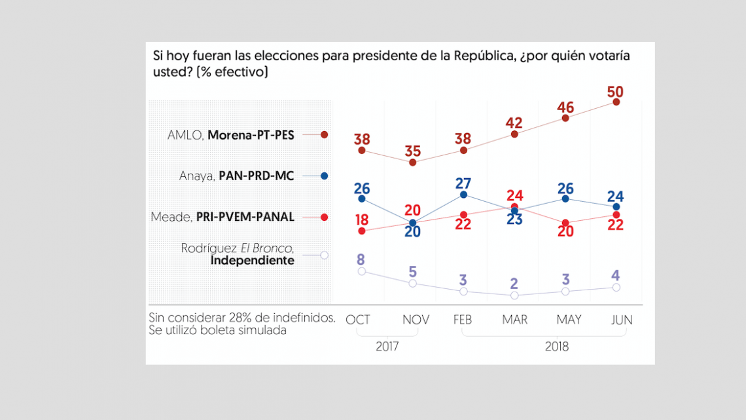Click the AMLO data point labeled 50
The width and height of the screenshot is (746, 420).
tap(616, 102)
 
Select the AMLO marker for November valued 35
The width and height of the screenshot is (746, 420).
tap(412, 162)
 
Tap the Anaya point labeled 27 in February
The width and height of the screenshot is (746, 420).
tap(463, 195)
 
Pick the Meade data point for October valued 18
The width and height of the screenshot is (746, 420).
tap(361, 231)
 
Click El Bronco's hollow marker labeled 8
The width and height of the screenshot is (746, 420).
tap(361, 271)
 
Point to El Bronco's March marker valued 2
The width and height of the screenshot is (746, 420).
tap(514, 296)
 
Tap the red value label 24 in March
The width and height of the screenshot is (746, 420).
tap(514, 195)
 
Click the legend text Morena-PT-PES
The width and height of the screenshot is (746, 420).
tap(251, 135)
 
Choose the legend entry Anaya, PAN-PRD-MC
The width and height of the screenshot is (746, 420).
tap(237, 176)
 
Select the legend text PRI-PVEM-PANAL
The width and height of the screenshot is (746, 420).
tap(245, 217)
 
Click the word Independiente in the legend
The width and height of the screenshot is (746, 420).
tap(253, 261)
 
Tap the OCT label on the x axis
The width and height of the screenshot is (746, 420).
tap(358, 320)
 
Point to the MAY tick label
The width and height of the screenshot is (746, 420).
tap(569, 320)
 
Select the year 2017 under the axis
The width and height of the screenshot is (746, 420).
tap(387, 347)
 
